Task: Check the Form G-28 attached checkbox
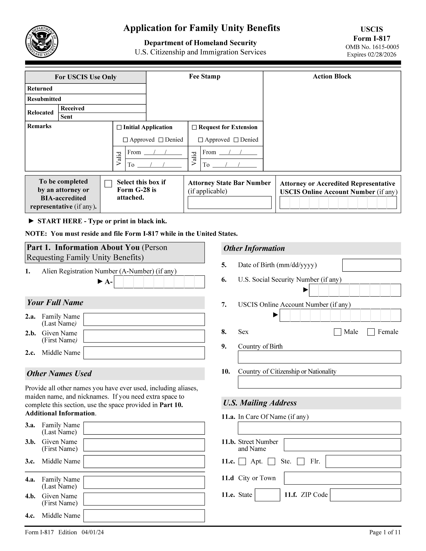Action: (108, 184)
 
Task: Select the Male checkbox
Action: (337, 332)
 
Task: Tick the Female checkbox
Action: (371, 332)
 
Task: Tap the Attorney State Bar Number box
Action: (229, 203)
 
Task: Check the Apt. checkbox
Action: (242, 461)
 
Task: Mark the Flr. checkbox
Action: (301, 461)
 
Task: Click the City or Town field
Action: (342, 478)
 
